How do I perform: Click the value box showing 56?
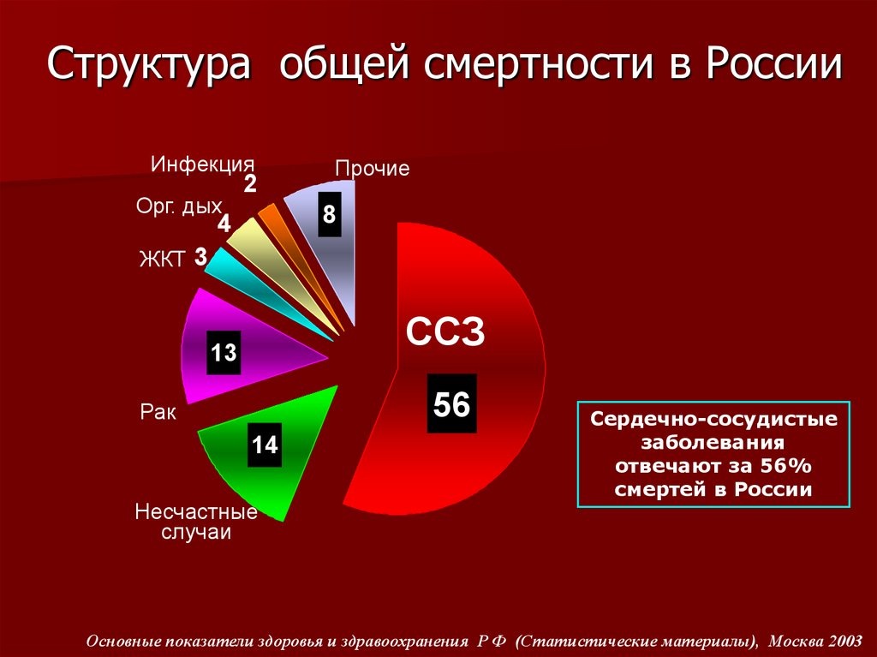click(x=451, y=403)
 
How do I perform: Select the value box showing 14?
click(x=265, y=445)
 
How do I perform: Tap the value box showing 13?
click(x=224, y=352)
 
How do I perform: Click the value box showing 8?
click(x=329, y=215)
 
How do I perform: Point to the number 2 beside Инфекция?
click(x=250, y=183)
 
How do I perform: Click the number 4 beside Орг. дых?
click(x=224, y=224)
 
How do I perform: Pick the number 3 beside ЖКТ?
click(x=200, y=256)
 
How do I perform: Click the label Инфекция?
click(x=203, y=164)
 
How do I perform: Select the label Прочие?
click(x=372, y=169)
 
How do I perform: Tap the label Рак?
click(x=158, y=413)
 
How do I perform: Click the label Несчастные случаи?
click(x=196, y=522)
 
